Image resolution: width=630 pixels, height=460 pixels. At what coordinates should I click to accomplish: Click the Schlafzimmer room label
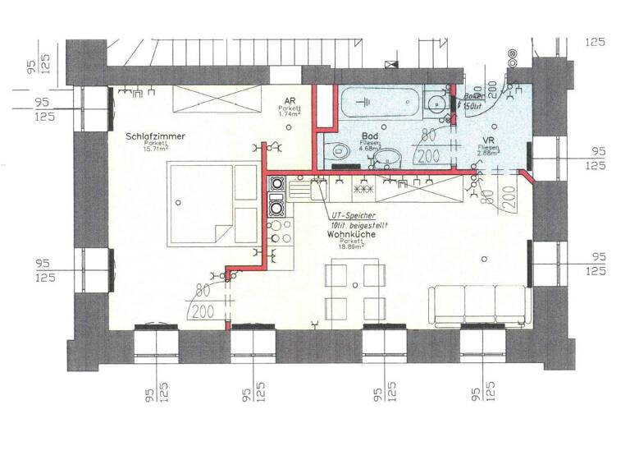click(155, 136)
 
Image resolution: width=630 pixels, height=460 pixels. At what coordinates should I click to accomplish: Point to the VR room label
click(488, 140)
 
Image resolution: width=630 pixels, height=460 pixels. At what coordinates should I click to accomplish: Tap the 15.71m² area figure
click(156, 149)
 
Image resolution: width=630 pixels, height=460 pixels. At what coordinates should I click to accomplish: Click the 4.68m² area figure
click(369, 149)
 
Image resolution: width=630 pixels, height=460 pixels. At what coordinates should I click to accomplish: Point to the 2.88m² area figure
click(488, 154)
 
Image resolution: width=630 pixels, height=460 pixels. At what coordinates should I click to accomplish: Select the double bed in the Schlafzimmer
click(212, 203)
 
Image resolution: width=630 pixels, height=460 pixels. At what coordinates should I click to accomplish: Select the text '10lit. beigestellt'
click(359, 223)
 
